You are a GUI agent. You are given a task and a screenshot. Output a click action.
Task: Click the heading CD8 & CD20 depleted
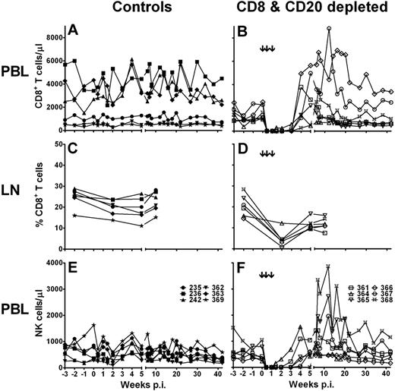pos(304,8)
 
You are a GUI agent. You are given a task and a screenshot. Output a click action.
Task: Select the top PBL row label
pos(17,78)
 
